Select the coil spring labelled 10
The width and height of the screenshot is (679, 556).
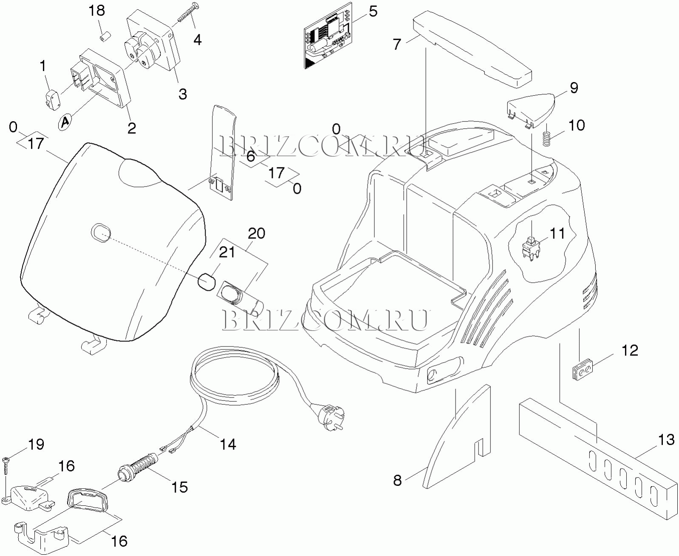point(548,138)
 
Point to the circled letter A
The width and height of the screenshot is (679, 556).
point(65,122)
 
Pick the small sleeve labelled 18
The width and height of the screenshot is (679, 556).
point(103,38)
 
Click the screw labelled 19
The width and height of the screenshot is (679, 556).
point(6,465)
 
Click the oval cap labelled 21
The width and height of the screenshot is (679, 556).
point(206,282)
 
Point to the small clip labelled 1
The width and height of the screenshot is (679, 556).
point(52,99)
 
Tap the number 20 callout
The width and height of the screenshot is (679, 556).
point(256,233)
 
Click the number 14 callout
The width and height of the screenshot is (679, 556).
point(228,444)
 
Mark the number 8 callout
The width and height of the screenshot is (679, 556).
point(397,480)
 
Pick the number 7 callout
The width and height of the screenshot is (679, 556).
point(397,44)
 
